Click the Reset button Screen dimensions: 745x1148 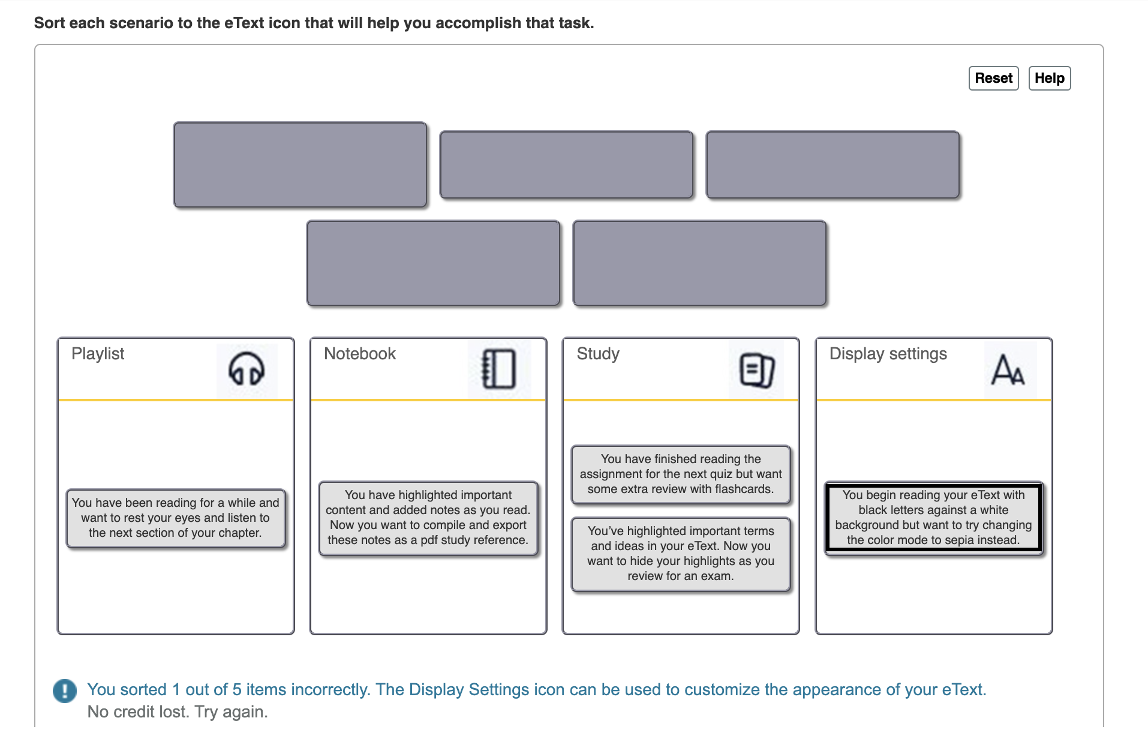pos(993,79)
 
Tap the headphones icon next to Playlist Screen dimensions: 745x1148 pos(246,369)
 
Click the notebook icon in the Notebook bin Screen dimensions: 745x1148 pos(498,369)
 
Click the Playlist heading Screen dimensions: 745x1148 pos(98,354)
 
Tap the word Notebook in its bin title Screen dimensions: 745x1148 pos(359,354)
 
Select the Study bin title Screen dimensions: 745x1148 pos(597,354)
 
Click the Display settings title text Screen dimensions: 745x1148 pos(887,354)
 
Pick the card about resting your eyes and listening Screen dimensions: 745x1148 pos(175,518)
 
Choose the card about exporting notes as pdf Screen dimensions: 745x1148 pos(428,518)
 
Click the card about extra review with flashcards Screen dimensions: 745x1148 pos(680,474)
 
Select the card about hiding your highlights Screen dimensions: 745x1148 pos(680,554)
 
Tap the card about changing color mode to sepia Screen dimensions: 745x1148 pos(933,518)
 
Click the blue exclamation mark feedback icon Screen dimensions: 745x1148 pos(65,690)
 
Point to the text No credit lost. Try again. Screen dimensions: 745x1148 pos(178,712)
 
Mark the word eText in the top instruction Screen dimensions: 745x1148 pos(244,23)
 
